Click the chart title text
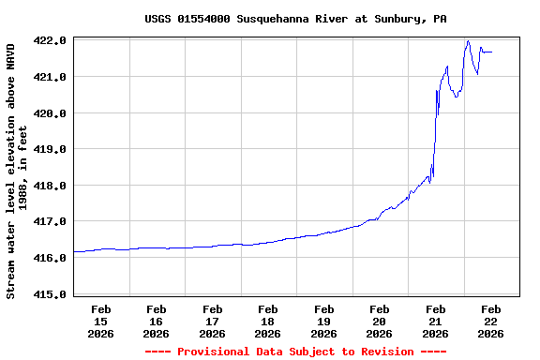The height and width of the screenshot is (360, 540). coord(295,19)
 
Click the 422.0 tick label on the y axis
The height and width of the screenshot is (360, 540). coord(49,41)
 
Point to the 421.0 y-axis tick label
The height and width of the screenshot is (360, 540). coord(49,77)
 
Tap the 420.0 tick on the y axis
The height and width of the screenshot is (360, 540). coord(49,113)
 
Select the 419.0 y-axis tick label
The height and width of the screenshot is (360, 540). coord(49,149)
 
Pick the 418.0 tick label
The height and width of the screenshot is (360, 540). coord(49,186)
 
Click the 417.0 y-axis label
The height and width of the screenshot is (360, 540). coord(49,222)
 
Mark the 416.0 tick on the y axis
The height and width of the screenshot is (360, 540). coord(49,258)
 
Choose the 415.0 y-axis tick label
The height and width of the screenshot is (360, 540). coord(49,294)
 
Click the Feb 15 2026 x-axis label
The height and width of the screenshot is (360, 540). coord(101,321)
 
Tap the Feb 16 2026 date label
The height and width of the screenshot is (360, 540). coord(157,321)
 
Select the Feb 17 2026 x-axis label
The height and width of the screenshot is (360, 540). coord(213,321)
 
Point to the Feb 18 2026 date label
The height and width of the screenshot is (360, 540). coord(268,321)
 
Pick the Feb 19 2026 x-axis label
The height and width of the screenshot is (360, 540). coord(324,321)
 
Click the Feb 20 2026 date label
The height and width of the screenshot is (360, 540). coord(380,321)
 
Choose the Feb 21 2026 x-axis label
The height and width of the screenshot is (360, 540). coord(435,321)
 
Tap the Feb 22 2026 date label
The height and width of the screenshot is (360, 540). coord(491,321)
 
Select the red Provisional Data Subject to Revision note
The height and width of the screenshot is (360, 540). coord(295,352)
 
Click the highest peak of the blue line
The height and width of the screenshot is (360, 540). coord(468,41)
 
